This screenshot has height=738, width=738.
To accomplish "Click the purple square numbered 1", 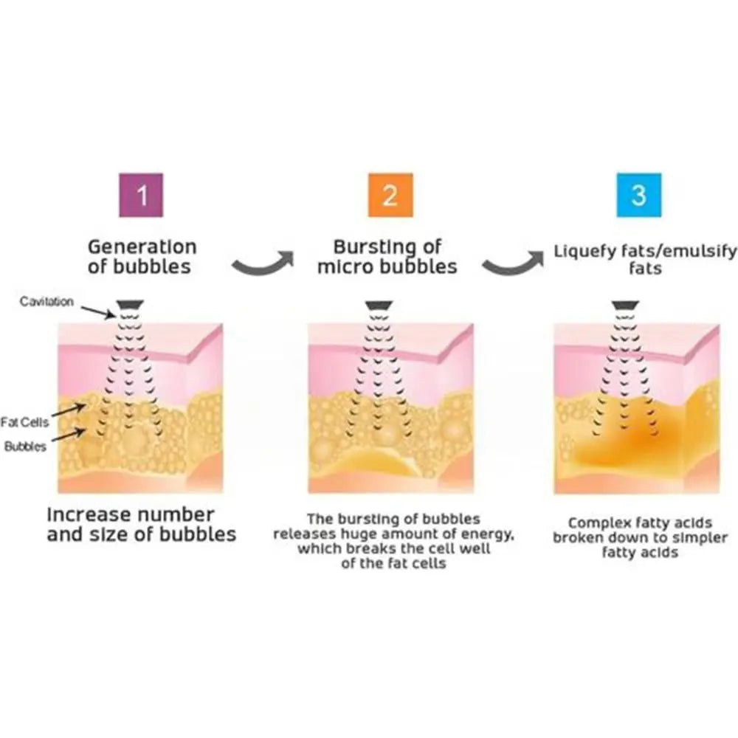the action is click(141, 196).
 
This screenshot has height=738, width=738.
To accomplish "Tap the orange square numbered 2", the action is click(390, 196).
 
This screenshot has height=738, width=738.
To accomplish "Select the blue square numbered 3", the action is click(639, 196).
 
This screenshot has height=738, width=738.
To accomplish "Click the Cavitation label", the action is click(46, 301).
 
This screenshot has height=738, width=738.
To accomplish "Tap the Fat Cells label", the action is click(24, 422).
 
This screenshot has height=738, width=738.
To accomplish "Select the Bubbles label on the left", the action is click(25, 446).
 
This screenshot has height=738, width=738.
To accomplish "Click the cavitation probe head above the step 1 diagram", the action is click(131, 305).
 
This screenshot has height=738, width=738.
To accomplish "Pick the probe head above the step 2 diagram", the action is click(379, 305).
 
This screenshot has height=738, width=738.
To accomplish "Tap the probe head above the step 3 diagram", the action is click(626, 305).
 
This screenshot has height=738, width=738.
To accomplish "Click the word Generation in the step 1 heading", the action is click(142, 246).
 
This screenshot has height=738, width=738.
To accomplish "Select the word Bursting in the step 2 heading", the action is click(371, 247).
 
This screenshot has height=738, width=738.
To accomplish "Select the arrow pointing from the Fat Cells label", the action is click(69, 410).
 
